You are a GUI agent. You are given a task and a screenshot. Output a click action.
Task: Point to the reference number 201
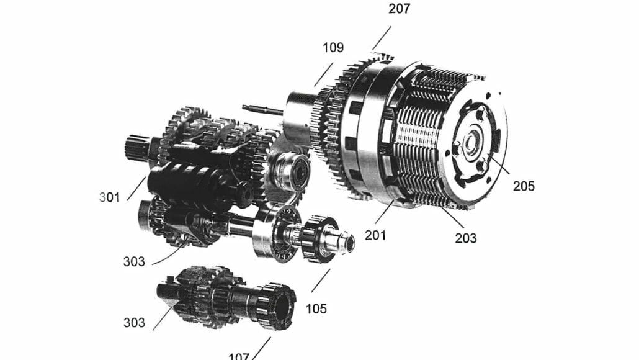(x=375, y=235)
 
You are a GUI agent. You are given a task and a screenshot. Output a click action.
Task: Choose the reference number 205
(x=523, y=185)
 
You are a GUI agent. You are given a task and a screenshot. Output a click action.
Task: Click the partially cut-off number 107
(x=239, y=356)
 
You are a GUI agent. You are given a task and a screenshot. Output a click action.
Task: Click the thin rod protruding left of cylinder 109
(x=262, y=110)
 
